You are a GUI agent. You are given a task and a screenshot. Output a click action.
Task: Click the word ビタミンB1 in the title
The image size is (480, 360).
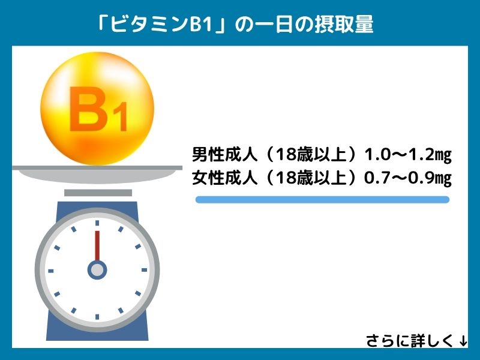click(161, 24)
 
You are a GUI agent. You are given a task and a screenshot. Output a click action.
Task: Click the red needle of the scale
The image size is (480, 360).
click(97, 246)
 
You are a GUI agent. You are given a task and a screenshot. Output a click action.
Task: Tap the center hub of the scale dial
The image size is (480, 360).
click(97, 271)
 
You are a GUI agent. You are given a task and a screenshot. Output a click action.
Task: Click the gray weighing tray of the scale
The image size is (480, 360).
click(97, 174)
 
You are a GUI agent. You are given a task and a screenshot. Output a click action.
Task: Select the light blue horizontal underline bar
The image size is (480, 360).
click(322, 200)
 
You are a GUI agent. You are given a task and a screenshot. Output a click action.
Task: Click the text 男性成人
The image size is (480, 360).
click(224, 155)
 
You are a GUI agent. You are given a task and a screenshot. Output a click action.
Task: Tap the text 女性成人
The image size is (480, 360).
click(224, 178)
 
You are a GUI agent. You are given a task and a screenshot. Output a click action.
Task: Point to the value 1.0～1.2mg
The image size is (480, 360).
click(408, 155)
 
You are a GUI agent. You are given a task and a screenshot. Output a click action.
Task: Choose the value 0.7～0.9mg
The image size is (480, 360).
click(408, 178)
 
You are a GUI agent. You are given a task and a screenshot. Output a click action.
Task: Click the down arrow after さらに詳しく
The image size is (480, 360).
click(463, 340)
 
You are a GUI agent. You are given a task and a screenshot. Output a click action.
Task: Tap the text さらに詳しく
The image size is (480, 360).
click(410, 341)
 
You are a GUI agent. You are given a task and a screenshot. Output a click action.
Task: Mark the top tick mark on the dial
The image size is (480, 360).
click(97, 223)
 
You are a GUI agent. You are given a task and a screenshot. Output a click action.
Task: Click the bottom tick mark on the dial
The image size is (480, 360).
click(97, 317)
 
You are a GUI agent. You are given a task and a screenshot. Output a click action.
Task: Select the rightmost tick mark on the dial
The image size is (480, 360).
click(144, 270)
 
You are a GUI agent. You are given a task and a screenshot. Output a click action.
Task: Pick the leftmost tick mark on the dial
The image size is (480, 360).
click(51, 271)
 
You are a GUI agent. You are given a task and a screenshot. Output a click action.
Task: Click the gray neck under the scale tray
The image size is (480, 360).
click(98, 193)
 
